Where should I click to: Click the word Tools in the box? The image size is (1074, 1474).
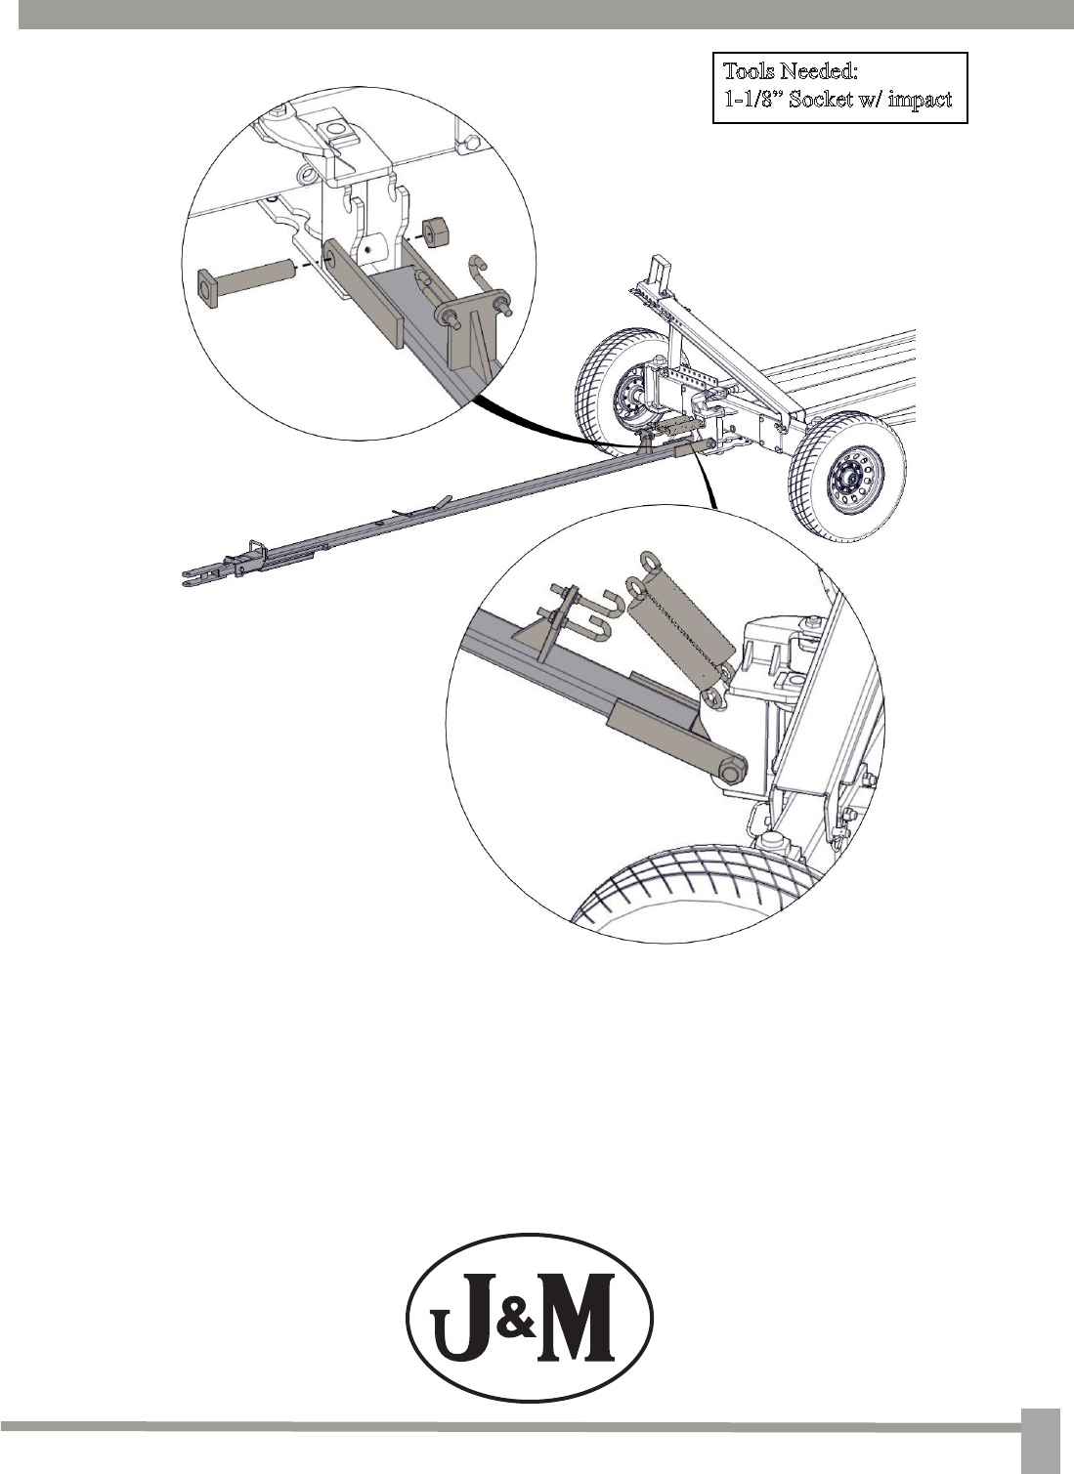(749, 71)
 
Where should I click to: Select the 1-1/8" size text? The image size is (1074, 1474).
(753, 100)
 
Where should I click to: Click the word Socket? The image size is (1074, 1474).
(822, 100)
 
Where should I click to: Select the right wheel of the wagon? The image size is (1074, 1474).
(846, 476)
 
